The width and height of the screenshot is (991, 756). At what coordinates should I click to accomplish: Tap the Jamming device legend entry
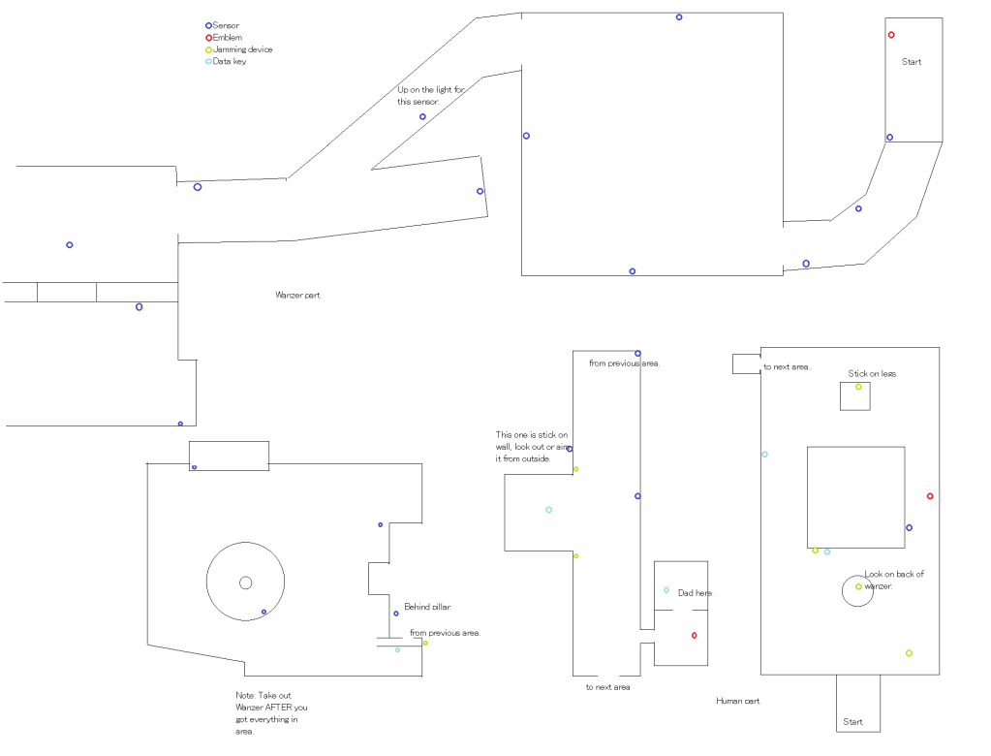coord(242,49)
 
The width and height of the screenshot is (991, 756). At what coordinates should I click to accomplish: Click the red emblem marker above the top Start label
coord(891,35)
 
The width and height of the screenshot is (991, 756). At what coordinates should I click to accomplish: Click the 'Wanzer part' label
coord(297,295)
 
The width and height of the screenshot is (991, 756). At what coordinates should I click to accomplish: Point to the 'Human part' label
coord(737,700)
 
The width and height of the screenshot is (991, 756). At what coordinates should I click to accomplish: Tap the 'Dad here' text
coord(696,592)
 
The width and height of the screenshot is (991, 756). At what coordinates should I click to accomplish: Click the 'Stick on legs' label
coord(873,373)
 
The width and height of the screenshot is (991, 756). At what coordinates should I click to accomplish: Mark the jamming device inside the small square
coord(858,387)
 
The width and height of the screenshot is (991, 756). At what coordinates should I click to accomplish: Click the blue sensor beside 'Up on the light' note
coord(422,117)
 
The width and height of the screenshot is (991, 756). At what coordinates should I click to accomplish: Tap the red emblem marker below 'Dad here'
coord(695,635)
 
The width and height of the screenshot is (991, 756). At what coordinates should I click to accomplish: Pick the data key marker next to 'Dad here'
coord(666,590)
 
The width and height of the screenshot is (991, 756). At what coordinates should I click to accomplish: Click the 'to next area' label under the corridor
coord(607,687)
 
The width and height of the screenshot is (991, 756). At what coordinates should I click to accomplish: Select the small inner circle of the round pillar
coord(245,583)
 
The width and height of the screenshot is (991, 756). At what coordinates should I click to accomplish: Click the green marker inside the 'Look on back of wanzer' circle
coord(858,586)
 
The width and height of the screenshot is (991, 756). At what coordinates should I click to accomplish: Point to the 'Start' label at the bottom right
coord(852,721)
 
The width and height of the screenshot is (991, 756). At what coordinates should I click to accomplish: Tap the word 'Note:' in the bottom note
coord(245,696)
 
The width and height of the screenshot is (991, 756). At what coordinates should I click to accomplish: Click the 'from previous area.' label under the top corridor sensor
coord(624,363)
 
